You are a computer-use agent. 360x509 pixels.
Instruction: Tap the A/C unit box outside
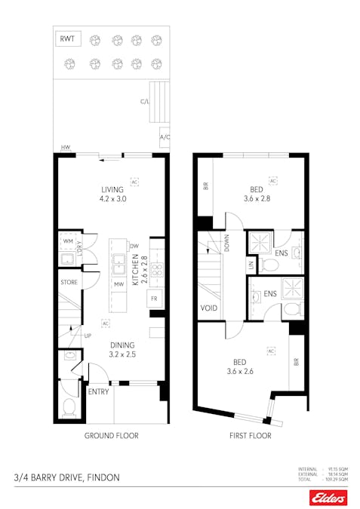[x=164, y=139]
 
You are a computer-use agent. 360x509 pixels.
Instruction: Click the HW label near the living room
[x=66, y=149]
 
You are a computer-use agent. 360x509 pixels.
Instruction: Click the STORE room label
[x=69, y=283]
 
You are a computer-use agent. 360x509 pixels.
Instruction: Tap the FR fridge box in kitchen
[x=154, y=298]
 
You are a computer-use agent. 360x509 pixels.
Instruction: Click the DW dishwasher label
[x=134, y=246]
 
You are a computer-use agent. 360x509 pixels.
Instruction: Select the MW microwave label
[x=118, y=284]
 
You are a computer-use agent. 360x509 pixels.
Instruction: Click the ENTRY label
[x=98, y=392]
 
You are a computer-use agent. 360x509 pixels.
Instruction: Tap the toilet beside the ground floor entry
[x=69, y=408]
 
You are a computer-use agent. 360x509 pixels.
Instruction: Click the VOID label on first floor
[x=209, y=308]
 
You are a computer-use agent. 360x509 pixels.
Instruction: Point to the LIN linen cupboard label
[x=251, y=265]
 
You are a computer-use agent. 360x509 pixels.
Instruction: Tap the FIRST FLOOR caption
[x=251, y=436]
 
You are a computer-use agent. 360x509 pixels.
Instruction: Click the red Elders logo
[x=328, y=497]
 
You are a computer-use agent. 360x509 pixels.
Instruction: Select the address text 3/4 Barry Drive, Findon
[x=66, y=477]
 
